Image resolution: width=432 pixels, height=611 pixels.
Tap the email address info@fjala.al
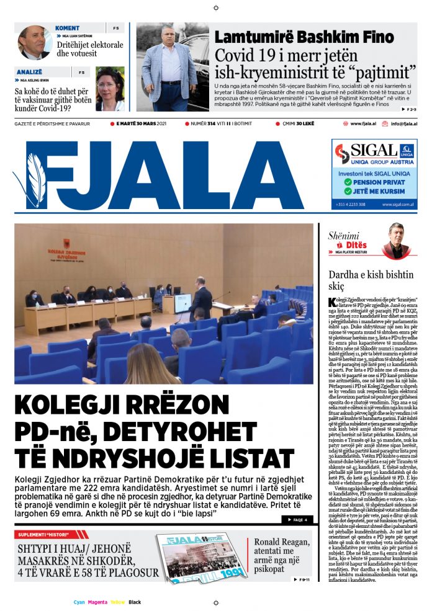pyautogui.click(x=403, y=124)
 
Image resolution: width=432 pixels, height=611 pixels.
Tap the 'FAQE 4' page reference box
pyautogui.click(x=296, y=519)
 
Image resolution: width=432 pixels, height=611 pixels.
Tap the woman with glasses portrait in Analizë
pyautogui.click(x=110, y=89)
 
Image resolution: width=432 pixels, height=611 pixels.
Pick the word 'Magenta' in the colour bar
pyautogui.click(x=97, y=602)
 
